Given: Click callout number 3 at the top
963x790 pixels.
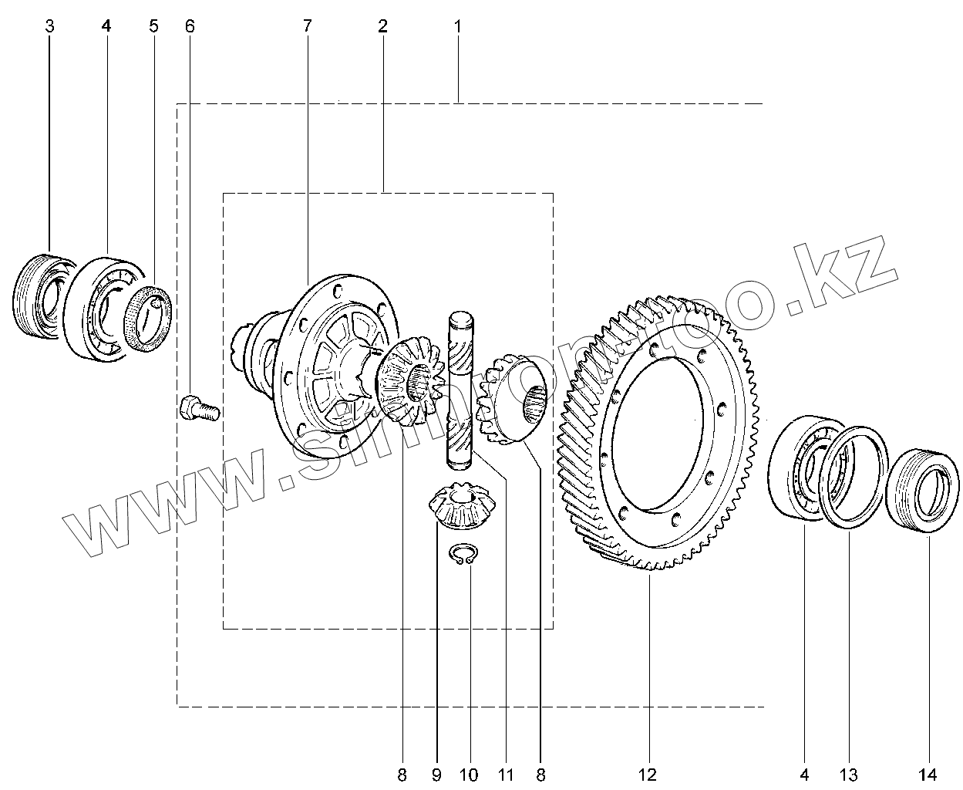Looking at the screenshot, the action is (x=50, y=26).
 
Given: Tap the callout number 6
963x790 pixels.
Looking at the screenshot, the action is (x=190, y=26).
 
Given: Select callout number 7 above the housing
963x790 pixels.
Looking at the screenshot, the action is (x=308, y=26).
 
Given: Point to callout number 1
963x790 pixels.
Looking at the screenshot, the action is (x=457, y=26).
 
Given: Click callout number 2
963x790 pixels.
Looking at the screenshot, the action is (x=382, y=26).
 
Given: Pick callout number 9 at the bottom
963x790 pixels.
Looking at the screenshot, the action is (x=436, y=774).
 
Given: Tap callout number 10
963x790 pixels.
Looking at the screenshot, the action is (x=469, y=774).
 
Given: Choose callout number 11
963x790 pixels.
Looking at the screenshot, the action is (x=507, y=774).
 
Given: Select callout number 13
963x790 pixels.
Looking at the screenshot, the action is (x=849, y=774).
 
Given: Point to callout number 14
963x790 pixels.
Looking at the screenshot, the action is (x=928, y=774).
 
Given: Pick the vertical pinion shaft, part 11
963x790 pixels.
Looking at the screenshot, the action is (x=461, y=386).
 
